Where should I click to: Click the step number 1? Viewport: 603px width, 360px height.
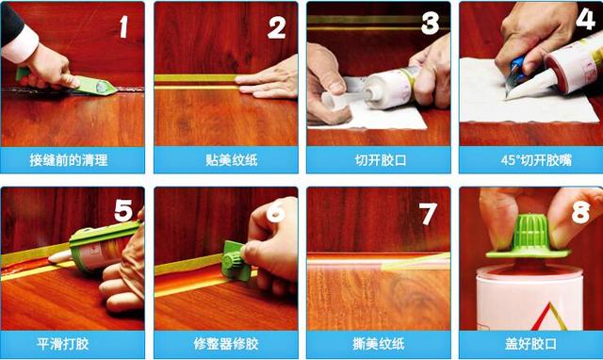pos(123,27)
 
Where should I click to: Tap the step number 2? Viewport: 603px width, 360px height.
pos(276,27)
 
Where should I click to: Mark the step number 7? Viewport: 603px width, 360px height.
pos(429,212)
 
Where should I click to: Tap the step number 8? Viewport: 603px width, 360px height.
pos(581,212)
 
